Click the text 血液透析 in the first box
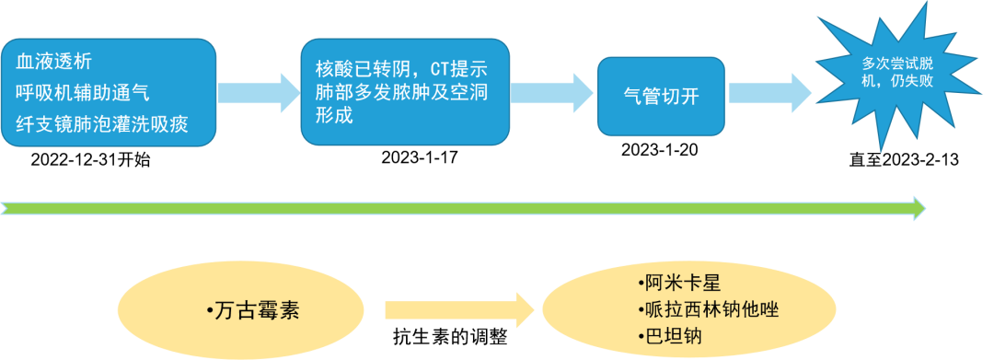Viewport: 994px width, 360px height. click(53, 62)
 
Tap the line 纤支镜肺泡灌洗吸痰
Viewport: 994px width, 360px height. click(102, 123)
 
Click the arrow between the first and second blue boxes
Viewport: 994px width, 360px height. click(259, 92)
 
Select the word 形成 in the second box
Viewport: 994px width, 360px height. click(334, 116)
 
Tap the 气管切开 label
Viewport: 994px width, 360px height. click(661, 96)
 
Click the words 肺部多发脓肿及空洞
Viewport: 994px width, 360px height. click(399, 94)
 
